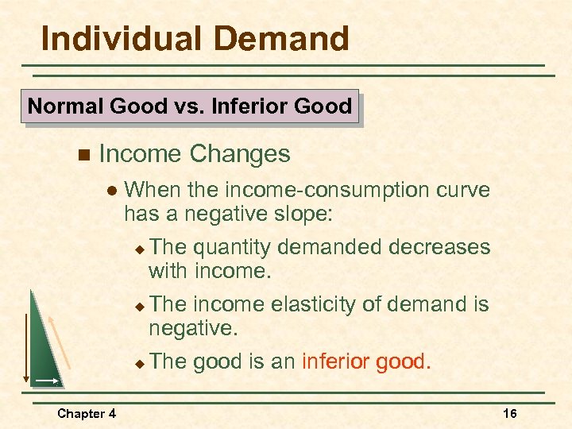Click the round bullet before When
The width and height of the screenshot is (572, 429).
pos(110,191)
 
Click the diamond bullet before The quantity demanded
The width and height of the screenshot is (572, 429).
pos(138,249)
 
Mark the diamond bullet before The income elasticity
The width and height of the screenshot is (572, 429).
pos(138,306)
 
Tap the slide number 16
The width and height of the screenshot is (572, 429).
pos(510,413)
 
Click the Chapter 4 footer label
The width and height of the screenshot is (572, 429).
pos(86,413)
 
